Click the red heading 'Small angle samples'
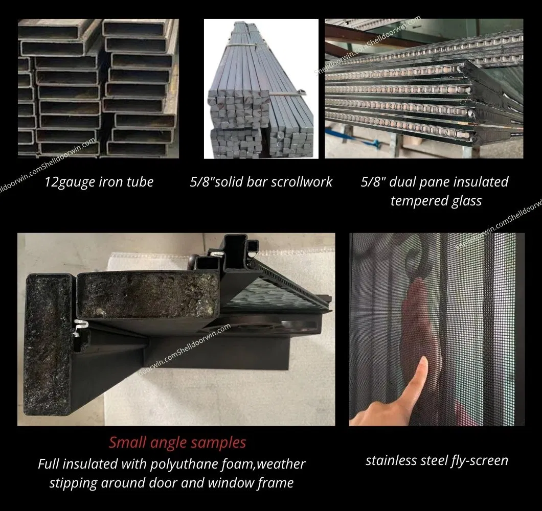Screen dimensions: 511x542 click(177, 443)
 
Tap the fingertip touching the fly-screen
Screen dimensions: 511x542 click(423, 363)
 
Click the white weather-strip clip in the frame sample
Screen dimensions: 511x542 click(79, 327)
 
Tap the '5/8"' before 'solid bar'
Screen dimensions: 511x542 click(201, 182)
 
